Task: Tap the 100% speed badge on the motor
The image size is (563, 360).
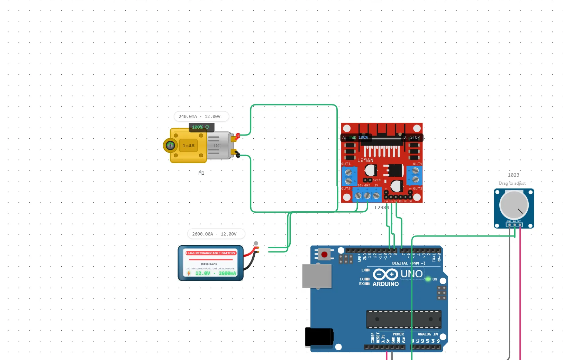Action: (201, 127)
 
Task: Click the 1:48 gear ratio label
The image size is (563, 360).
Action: (189, 146)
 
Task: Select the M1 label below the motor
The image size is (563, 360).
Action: (201, 173)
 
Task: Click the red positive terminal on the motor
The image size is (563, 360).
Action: (238, 136)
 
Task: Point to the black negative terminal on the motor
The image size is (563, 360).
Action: (237, 155)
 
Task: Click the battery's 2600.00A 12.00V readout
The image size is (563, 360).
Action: (215, 234)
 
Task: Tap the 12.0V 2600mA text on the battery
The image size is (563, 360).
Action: (215, 273)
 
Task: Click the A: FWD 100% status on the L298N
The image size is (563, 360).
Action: (355, 138)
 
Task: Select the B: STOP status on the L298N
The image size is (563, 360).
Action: (411, 138)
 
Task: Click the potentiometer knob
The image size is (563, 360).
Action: (514, 204)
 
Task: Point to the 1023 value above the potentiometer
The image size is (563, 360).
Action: (514, 175)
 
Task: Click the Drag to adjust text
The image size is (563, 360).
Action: (512, 183)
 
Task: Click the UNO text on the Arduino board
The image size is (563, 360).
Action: (411, 274)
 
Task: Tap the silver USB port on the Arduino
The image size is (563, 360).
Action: (317, 276)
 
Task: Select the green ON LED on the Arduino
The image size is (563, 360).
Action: (428, 279)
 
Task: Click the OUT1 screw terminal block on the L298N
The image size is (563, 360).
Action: (349, 176)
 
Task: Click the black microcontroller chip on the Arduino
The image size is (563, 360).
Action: (403, 319)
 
